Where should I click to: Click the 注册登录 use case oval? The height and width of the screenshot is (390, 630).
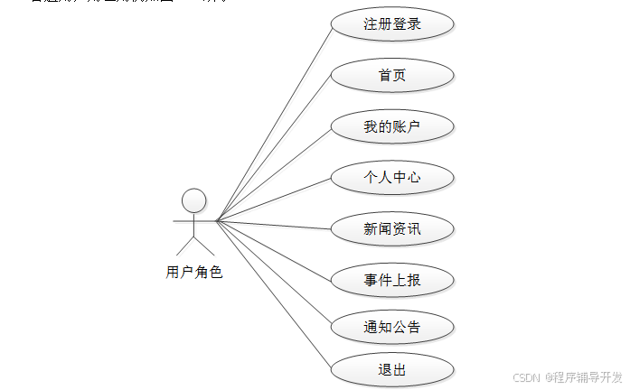tap(391, 24)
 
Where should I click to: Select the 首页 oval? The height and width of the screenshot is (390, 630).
tap(391, 75)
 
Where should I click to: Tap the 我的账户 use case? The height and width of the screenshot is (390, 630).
tap(391, 126)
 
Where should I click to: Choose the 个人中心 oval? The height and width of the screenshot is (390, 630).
tap(391, 178)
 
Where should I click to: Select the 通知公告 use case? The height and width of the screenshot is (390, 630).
tap(391, 327)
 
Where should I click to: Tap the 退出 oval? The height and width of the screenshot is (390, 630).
tap(391, 370)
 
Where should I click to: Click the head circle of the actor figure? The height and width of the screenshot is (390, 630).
tap(193, 200)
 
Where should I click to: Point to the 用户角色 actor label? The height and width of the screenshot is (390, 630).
tap(193, 272)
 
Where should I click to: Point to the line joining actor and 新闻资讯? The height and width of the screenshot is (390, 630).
tap(274, 224)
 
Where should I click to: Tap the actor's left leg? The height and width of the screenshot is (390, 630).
tap(184, 245)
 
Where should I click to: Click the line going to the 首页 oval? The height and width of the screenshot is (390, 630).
tap(275, 146)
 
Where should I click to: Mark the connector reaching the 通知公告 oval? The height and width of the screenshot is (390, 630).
tap(274, 273)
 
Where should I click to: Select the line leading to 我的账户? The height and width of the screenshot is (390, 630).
tap(274, 172)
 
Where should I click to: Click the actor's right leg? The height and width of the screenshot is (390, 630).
tap(204, 245)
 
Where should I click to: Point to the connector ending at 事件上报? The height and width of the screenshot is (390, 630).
tap(274, 250)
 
